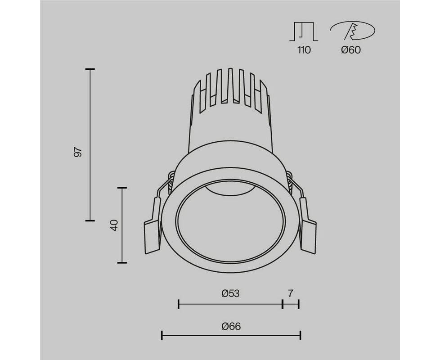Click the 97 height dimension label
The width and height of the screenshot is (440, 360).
click(x=78, y=152)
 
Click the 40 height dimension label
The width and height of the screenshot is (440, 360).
click(x=114, y=225)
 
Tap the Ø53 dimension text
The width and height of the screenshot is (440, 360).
click(x=230, y=293)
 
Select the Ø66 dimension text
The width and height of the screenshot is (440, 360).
click(x=231, y=326)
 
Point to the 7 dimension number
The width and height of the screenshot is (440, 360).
click(x=291, y=293)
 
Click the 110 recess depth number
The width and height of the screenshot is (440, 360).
click(x=304, y=50)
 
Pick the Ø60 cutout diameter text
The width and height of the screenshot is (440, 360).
click(x=351, y=50)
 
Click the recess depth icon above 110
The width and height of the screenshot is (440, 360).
click(x=304, y=31)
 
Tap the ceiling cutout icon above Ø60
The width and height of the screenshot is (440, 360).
click(x=353, y=30)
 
